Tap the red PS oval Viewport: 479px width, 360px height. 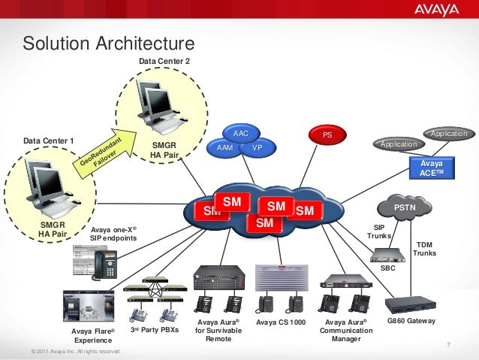(x=327, y=135)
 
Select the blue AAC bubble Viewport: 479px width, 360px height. (x=240, y=133)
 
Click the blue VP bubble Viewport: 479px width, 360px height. (x=257, y=148)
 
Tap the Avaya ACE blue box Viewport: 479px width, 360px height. (x=432, y=168)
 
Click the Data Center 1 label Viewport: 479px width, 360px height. (x=49, y=141)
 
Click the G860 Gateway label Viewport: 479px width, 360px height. (x=411, y=321)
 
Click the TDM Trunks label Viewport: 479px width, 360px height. (x=424, y=249)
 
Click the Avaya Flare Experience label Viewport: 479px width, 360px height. (x=93, y=335)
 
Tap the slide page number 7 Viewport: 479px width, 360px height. (x=447, y=344)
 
